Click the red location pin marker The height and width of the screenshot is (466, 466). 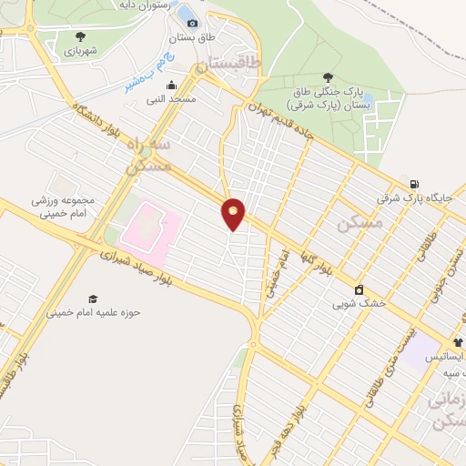pos(234,214)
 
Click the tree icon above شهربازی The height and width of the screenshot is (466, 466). pos(81,36)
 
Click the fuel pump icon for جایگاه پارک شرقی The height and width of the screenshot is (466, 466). pos(415,183)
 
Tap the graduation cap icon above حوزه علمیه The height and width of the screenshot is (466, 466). pos(93,299)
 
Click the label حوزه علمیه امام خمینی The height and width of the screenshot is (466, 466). pos(95,313)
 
